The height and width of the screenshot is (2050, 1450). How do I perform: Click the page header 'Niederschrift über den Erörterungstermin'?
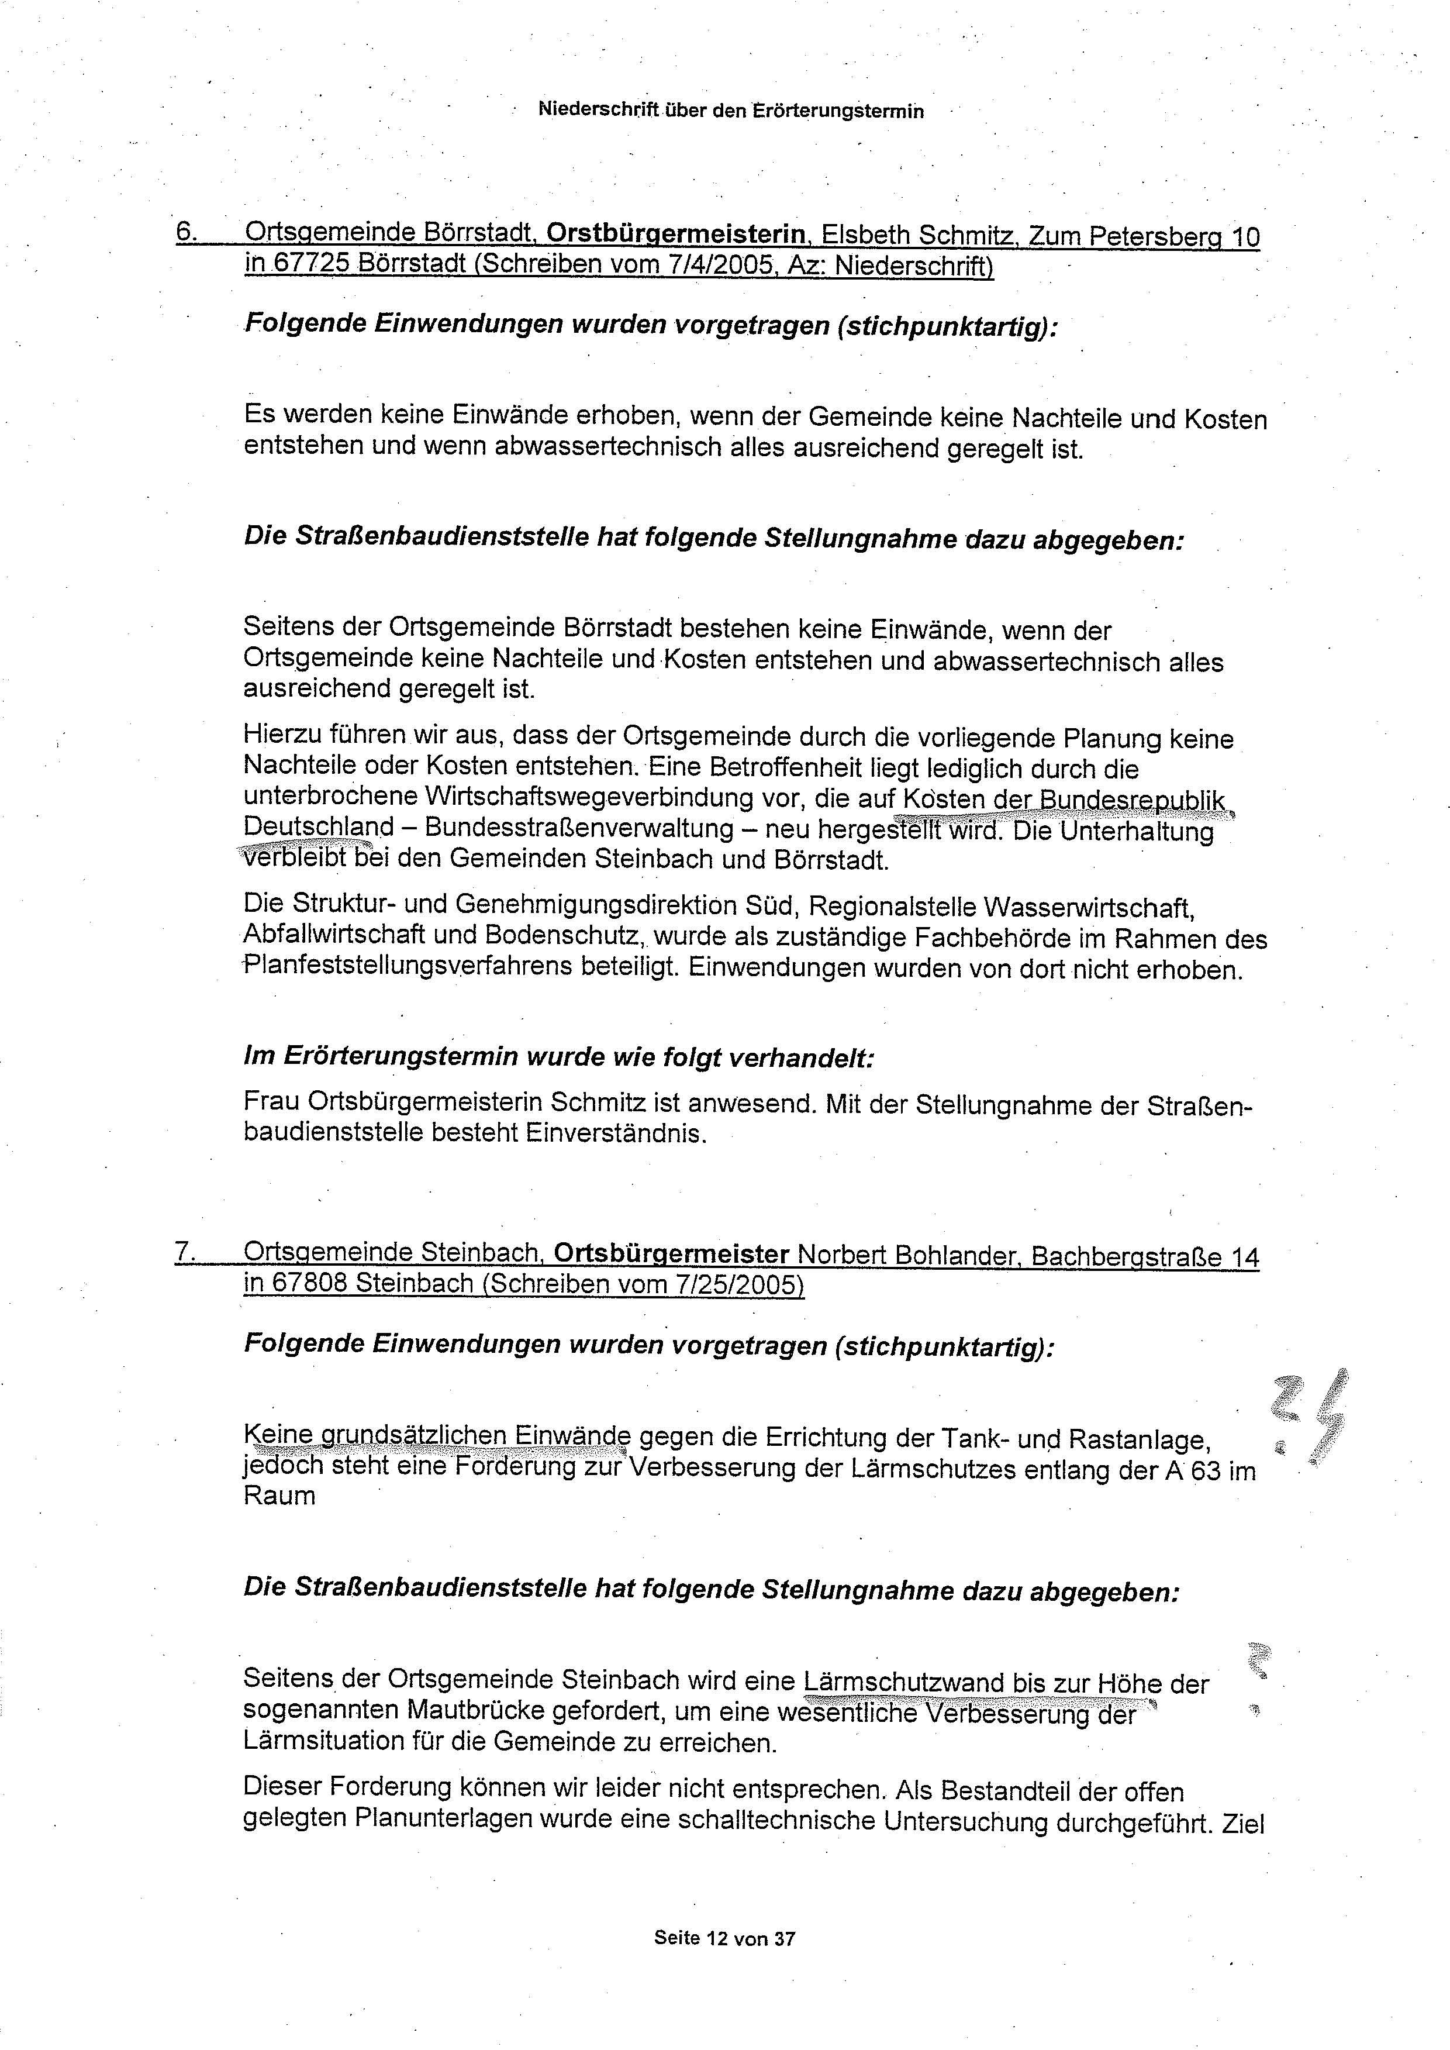pyautogui.click(x=730, y=111)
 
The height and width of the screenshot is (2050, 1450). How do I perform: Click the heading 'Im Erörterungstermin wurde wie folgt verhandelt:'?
pyautogui.click(x=558, y=1057)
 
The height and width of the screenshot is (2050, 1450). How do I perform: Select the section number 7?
pyautogui.click(x=185, y=1253)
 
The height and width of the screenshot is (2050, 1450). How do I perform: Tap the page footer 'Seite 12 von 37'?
pyautogui.click(x=724, y=1938)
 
